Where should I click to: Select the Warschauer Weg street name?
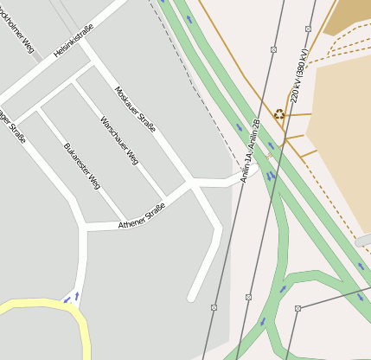119,140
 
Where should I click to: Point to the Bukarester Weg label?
82,166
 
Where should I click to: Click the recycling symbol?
279,113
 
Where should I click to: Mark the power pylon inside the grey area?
214,307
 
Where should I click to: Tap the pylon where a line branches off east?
297,308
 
